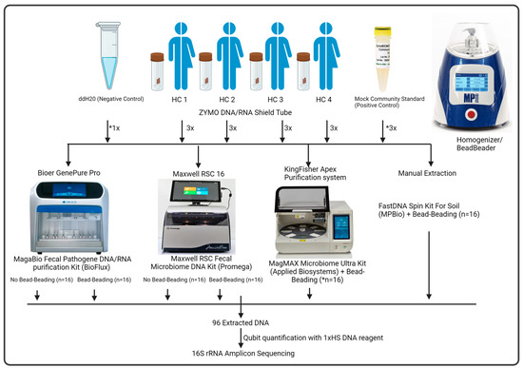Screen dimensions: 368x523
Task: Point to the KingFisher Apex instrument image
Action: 323,228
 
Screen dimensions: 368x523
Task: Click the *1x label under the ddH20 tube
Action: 60,127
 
